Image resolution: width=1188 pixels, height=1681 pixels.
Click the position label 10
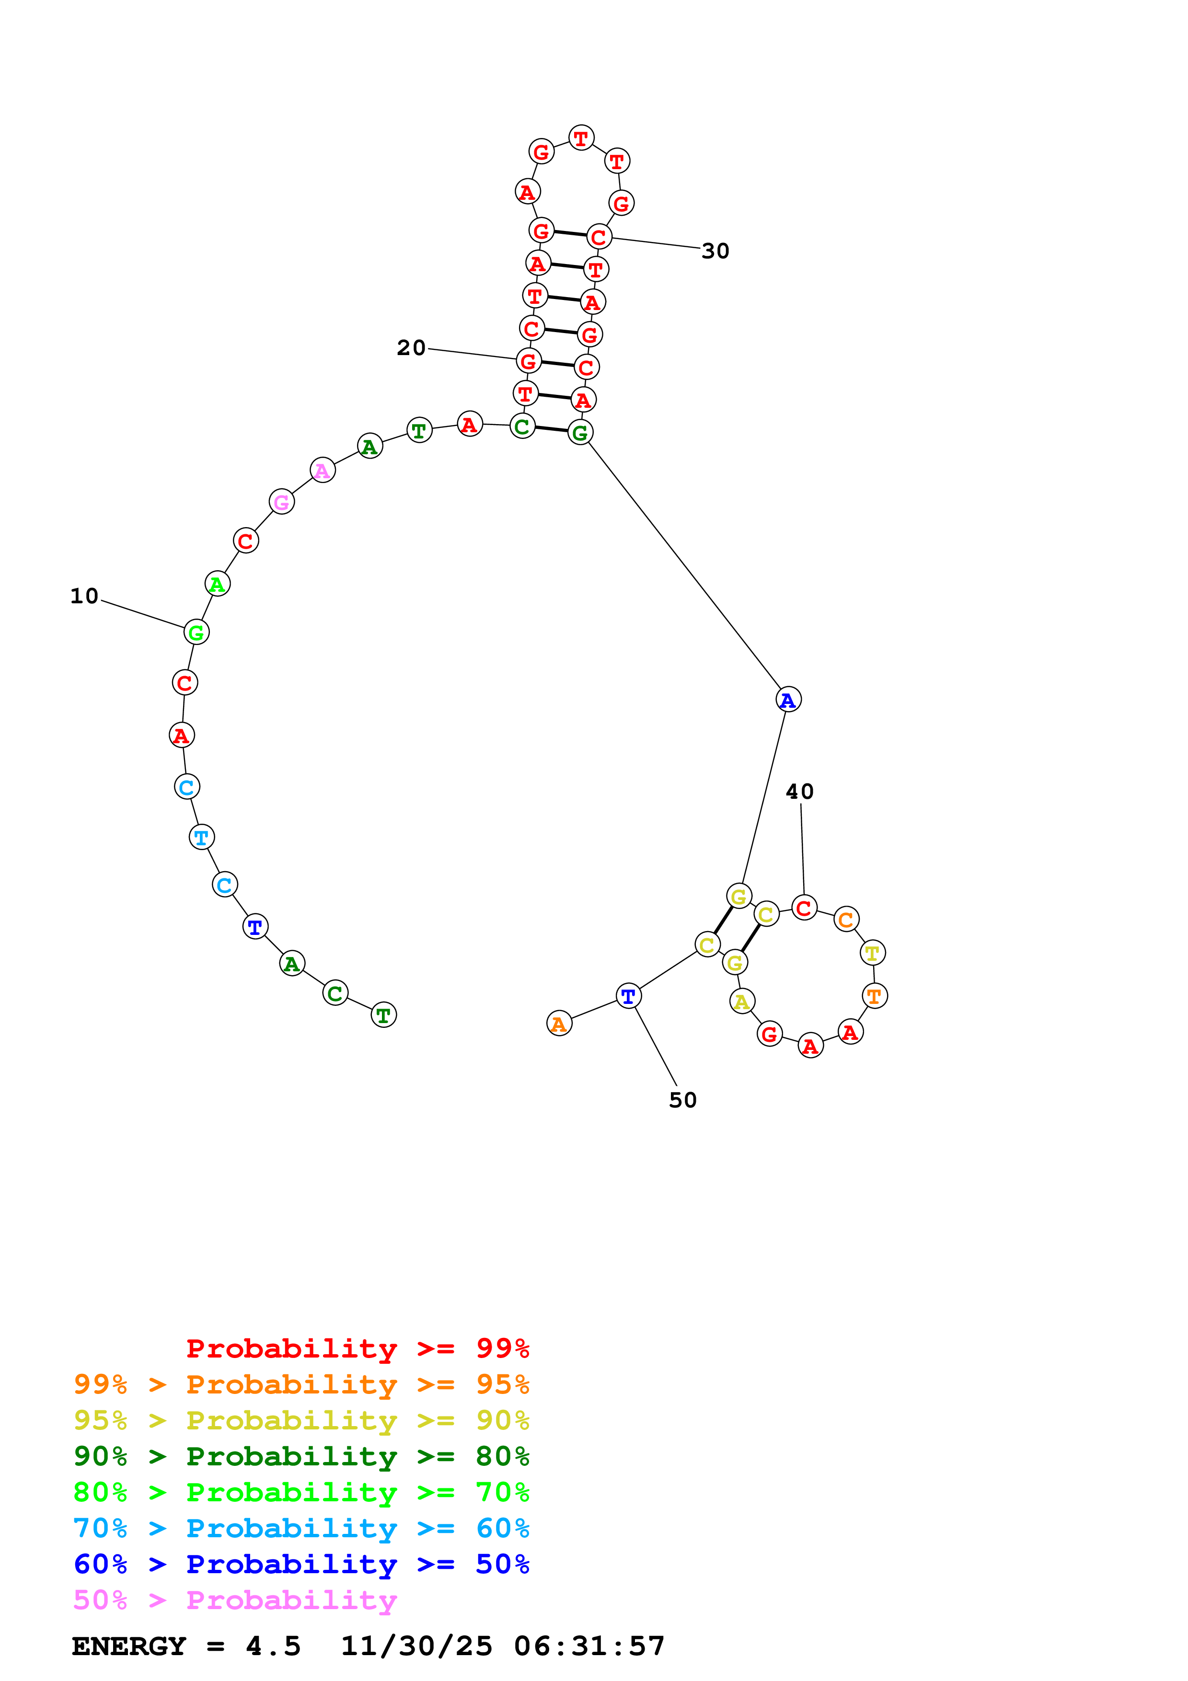click(x=84, y=596)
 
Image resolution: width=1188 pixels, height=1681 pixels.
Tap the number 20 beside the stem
click(x=411, y=348)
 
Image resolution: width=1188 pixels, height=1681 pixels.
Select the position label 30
click(x=715, y=251)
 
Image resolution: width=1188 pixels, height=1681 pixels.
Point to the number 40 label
click(x=799, y=792)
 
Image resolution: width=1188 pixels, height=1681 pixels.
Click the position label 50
click(x=682, y=1100)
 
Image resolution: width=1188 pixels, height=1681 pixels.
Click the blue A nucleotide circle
click(x=788, y=700)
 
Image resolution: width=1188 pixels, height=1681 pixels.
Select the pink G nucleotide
click(x=281, y=502)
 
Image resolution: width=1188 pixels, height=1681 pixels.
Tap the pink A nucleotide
click(x=322, y=470)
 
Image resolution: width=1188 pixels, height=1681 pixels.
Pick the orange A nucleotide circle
click(x=559, y=1024)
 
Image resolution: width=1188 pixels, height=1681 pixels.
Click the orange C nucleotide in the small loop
click(x=846, y=920)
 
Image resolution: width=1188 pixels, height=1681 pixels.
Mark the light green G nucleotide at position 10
click(x=196, y=632)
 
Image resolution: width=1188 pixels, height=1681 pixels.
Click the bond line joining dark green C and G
click(x=551, y=429)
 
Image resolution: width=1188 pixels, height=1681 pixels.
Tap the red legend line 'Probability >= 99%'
click(x=357, y=1348)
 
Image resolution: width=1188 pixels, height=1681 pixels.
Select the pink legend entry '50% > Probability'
click(x=235, y=1600)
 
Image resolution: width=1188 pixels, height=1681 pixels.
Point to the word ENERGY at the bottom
click(x=129, y=1646)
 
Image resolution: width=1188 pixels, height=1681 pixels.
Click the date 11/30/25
click(x=416, y=1646)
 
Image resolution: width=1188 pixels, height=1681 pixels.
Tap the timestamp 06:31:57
click(x=589, y=1646)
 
